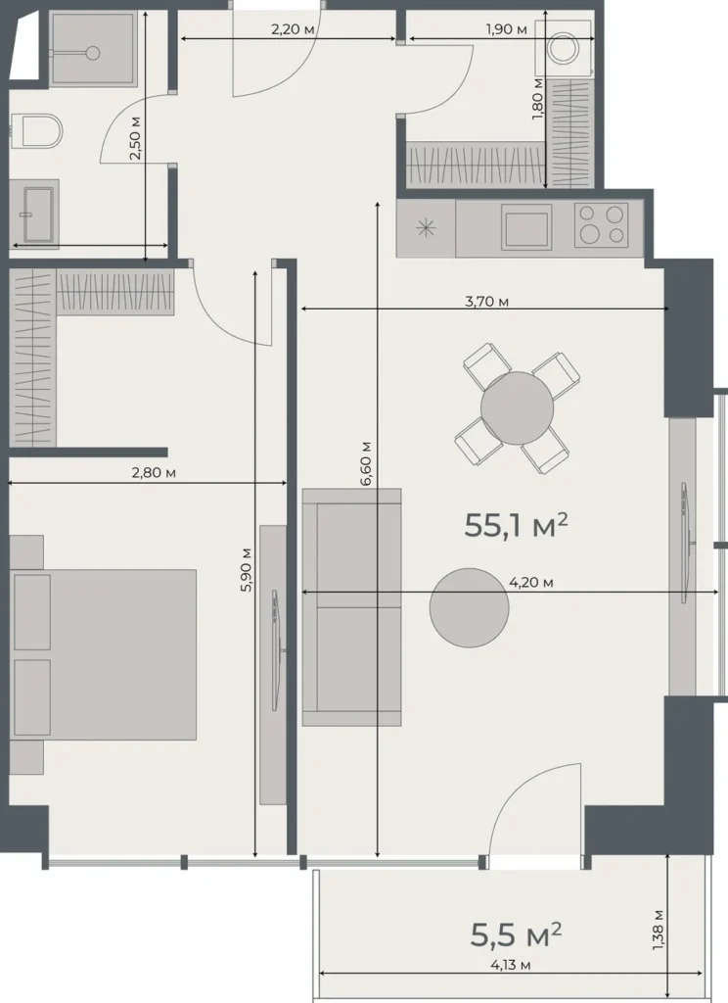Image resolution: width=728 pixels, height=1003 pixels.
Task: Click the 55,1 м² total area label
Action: [x=516, y=526]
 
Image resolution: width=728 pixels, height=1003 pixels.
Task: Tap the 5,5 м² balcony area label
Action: [x=516, y=934]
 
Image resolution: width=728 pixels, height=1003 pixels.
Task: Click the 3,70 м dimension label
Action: [x=486, y=302]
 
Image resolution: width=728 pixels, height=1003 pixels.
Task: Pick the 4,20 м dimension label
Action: [x=531, y=583]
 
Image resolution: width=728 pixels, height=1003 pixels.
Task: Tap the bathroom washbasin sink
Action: [x=34, y=211]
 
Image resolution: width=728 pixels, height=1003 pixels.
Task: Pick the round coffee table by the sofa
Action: [x=469, y=607]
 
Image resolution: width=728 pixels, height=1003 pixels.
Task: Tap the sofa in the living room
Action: [x=351, y=606]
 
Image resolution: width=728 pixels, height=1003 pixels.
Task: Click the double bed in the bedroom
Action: [x=108, y=654]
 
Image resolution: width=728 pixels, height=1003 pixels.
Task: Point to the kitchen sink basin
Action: [x=526, y=226]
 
